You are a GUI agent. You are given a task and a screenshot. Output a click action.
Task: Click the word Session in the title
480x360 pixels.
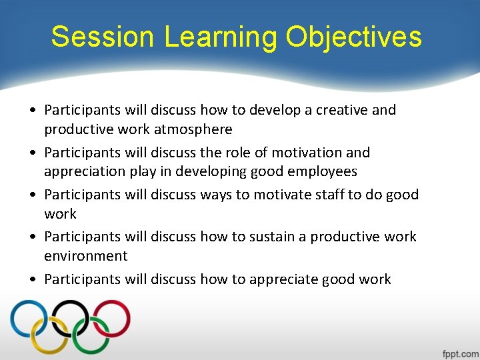pos(103,37)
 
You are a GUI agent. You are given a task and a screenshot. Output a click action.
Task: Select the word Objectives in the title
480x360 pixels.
pos(354,37)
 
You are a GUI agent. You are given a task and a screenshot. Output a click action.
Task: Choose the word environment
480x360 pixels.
pos(85,256)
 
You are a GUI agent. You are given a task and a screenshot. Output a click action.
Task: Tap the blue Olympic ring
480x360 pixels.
pos(28,318)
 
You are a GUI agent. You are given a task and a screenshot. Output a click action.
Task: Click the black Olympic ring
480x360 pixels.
pos(70,318)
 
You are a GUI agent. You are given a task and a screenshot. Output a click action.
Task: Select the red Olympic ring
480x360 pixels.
pos(111,318)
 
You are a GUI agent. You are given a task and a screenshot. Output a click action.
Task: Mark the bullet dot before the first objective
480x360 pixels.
pos(33,111)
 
